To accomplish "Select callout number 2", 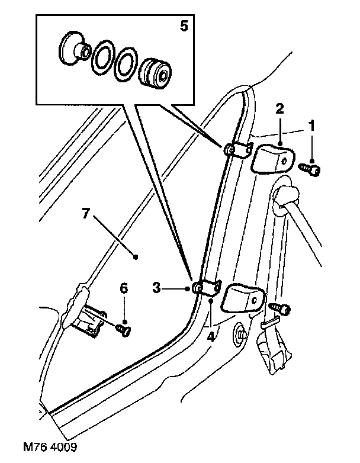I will click(279, 108).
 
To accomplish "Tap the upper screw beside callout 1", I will click(310, 169).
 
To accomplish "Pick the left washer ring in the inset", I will click(102, 59).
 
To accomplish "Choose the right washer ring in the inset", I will click(126, 64).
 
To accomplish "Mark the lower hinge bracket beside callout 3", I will click(207, 287).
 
